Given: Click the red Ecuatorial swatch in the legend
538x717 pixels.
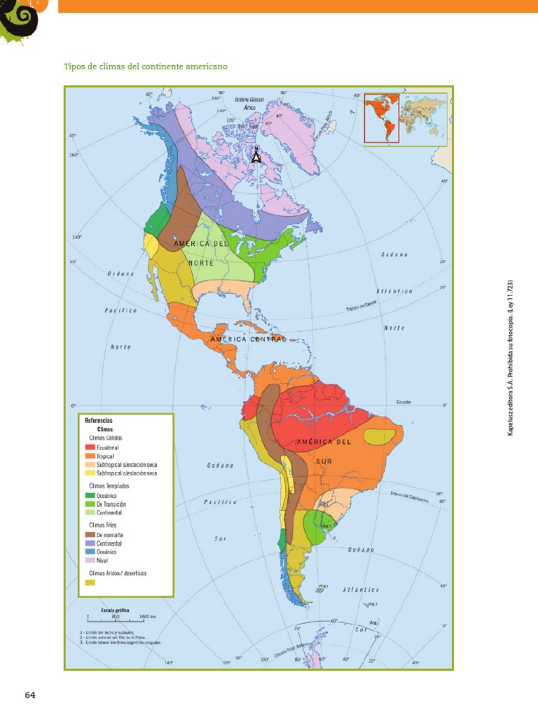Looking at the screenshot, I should pyautogui.click(x=90, y=447).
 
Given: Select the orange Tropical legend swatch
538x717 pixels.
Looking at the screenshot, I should pyautogui.click(x=90, y=456).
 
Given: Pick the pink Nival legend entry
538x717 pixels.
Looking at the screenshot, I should pyautogui.click(x=90, y=559).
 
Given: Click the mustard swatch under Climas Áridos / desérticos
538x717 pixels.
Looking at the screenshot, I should pyautogui.click(x=90, y=582).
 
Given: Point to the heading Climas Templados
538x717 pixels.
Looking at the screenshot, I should pyautogui.click(x=109, y=485).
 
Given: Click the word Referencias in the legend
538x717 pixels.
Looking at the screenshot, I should pyautogui.click(x=99, y=420).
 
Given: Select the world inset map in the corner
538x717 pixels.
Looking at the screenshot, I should pyautogui.click(x=404, y=118).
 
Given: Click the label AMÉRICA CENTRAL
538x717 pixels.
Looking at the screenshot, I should pyautogui.click(x=248, y=339).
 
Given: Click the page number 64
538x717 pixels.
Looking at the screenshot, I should pyautogui.click(x=29, y=695).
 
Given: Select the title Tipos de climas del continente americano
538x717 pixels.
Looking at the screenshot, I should pyautogui.click(x=146, y=67).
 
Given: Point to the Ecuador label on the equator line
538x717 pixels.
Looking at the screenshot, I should pyautogui.click(x=403, y=403).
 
